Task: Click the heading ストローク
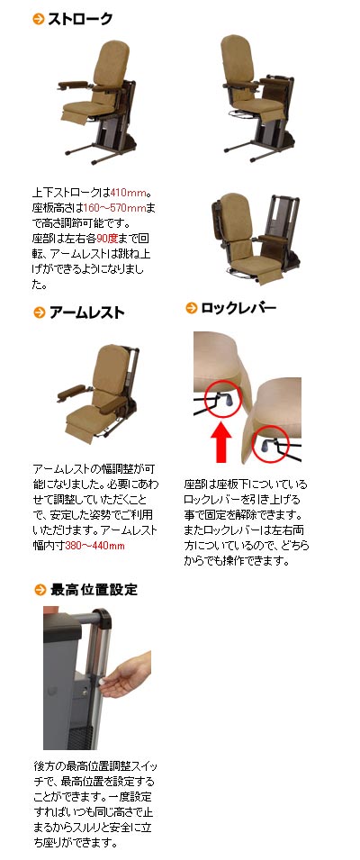click(x=80, y=19)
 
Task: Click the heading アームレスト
click(x=86, y=312)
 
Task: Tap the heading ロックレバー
click(x=238, y=308)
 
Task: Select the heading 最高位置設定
click(x=94, y=590)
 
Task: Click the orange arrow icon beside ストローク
click(x=39, y=19)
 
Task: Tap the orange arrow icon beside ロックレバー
click(x=191, y=308)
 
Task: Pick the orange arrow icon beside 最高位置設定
click(x=40, y=590)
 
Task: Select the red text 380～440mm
click(x=94, y=546)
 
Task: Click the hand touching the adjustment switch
click(x=126, y=674)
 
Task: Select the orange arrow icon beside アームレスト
click(x=39, y=312)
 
